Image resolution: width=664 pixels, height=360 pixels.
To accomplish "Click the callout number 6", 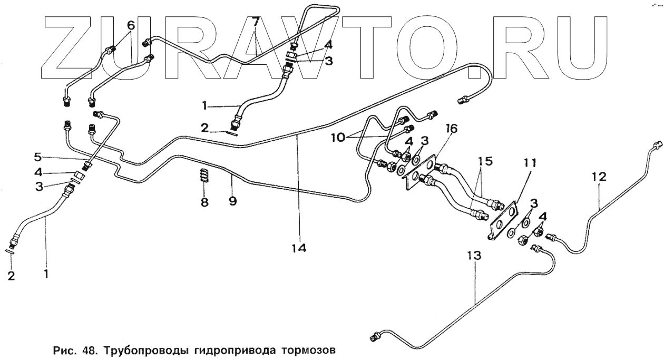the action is click(131, 25).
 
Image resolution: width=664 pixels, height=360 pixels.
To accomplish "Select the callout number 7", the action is click(255, 23).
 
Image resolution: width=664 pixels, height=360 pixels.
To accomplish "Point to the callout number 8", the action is click(204, 202).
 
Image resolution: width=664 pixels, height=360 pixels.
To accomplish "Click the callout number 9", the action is click(232, 200).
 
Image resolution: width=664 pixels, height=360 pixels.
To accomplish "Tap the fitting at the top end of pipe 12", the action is click(656, 144).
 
